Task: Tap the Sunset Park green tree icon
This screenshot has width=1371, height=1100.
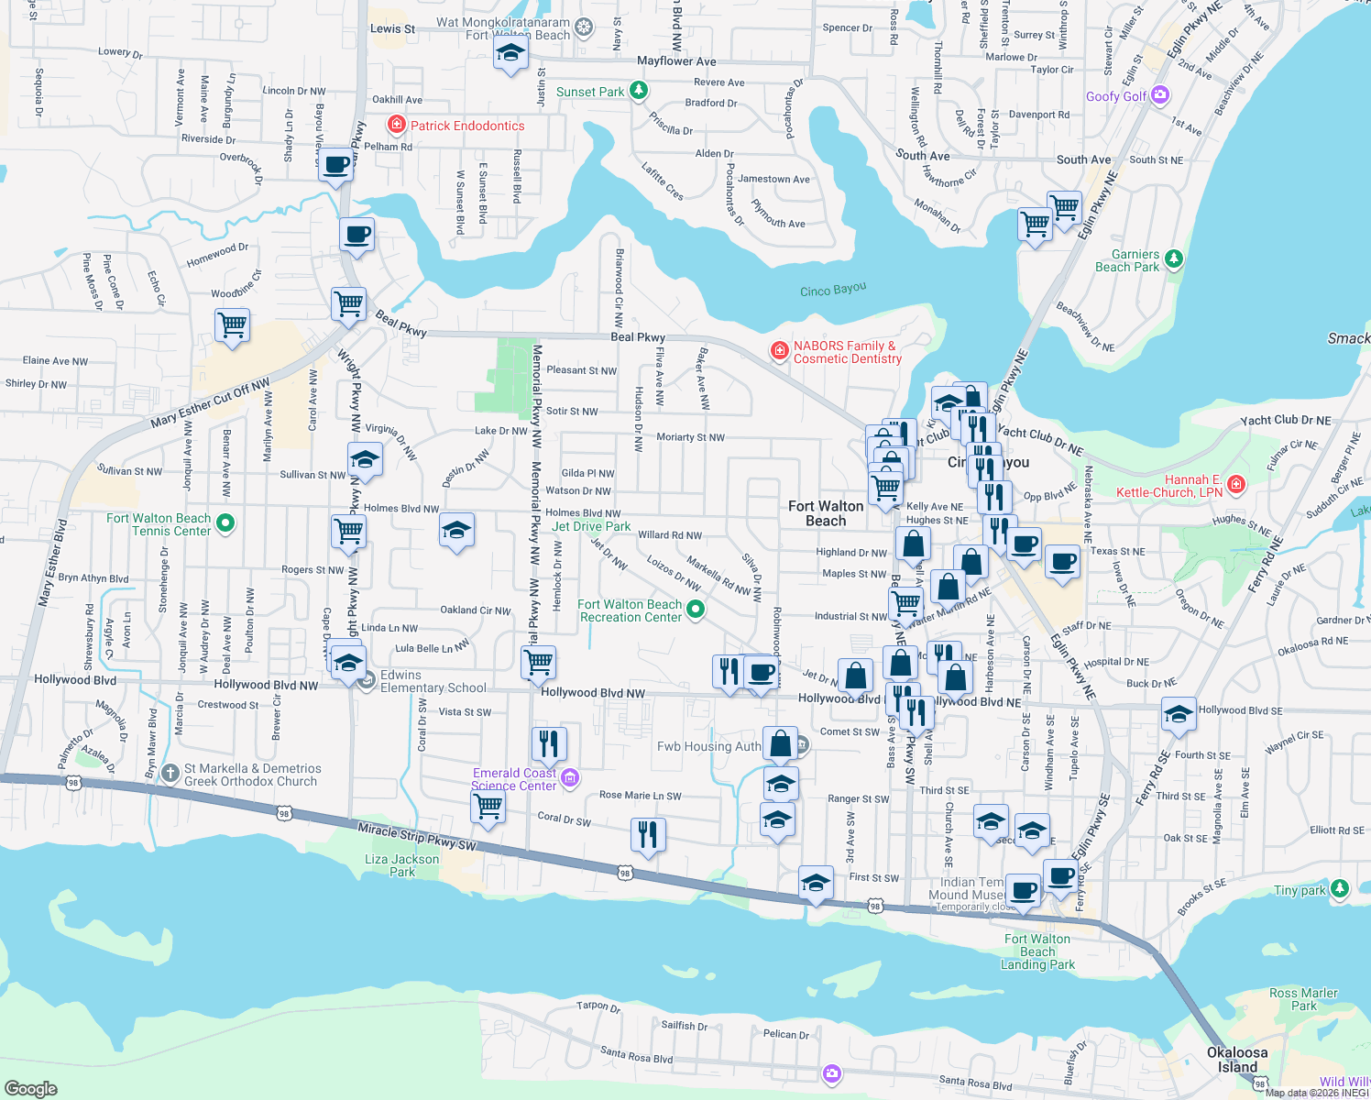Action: pos(640,91)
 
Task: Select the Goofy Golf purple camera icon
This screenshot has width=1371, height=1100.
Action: pos(1161,94)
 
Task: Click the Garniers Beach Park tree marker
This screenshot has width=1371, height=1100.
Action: pos(1174,258)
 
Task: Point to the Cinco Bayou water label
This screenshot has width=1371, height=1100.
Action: pos(832,290)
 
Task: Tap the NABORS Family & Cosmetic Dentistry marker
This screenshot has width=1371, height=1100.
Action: pos(779,350)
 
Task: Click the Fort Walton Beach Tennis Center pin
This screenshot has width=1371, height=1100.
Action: pos(225,523)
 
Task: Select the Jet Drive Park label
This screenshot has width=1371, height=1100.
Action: pos(591,526)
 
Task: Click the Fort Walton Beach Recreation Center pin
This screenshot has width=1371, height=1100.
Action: pos(696,609)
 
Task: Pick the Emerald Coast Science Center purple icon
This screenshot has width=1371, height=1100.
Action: pos(570,778)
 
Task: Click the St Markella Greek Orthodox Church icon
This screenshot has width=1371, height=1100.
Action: pos(170,774)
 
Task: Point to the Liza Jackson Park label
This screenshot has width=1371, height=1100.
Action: pos(402,865)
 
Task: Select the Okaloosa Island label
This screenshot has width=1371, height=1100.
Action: pos(1237,1060)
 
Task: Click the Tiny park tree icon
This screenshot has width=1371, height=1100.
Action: pos(1340,888)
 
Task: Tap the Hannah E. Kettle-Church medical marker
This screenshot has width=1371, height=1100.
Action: pos(1236,483)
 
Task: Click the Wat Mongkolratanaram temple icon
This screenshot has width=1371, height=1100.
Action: pos(584,27)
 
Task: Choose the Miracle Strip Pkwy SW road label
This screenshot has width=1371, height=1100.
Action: pos(417,837)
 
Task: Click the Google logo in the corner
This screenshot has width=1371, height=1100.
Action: pos(31,1088)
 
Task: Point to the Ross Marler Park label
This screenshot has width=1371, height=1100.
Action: pos(1303,999)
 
